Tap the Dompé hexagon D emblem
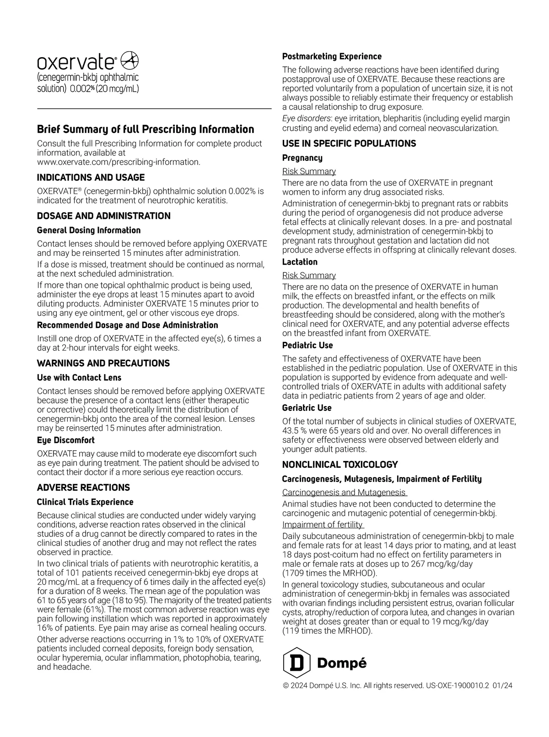pyautogui.click(x=297, y=663)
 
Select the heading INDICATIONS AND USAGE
pyautogui.click(x=91, y=178)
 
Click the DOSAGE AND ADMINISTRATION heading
pyautogui.click(x=103, y=216)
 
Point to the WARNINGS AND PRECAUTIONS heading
pyautogui.click(x=103, y=364)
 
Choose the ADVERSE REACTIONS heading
pyautogui.click(x=83, y=488)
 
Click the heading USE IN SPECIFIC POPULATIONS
pyautogui.click(x=349, y=144)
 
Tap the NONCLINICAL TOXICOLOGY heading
pyautogui.click(x=340, y=465)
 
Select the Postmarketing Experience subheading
pyautogui.click(x=332, y=57)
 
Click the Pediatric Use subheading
pyautogui.click(x=307, y=345)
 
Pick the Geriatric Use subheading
pyautogui.click(x=307, y=408)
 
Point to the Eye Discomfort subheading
pyautogui.click(x=65, y=440)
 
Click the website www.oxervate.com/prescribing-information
pyautogui.click(x=118, y=162)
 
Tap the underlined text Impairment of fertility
pyautogui.click(x=323, y=525)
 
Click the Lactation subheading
pyautogui.click(x=300, y=262)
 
